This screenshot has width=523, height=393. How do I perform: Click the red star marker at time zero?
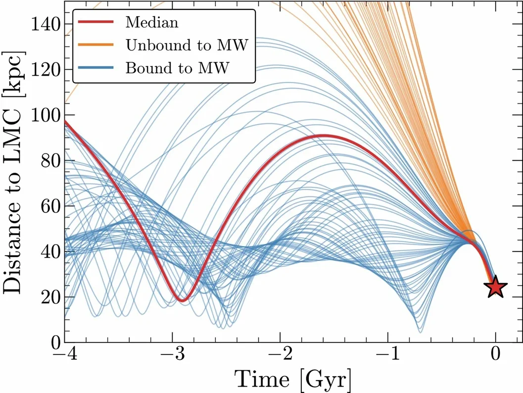click(495, 287)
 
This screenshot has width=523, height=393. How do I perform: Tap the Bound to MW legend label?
click(178, 68)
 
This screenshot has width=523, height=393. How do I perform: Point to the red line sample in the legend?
click(97, 22)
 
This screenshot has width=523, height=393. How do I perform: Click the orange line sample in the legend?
click(97, 45)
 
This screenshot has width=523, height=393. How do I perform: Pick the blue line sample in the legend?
click(97, 68)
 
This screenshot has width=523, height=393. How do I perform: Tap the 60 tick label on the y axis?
click(48, 206)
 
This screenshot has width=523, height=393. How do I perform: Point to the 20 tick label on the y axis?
click(48, 297)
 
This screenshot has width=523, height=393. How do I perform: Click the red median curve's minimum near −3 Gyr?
click(182, 300)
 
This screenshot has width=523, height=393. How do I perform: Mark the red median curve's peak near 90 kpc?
click(323, 135)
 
